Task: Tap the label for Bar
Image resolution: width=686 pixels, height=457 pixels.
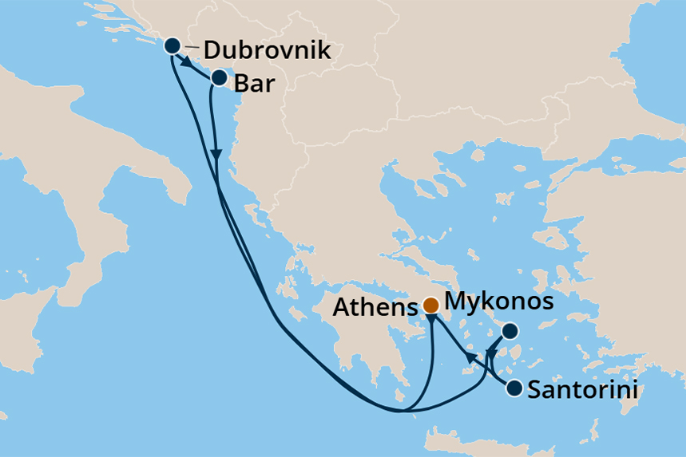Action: (x=255, y=84)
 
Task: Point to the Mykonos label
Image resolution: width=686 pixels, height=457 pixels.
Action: (x=498, y=302)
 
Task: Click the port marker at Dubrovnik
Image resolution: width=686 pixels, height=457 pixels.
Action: (x=172, y=45)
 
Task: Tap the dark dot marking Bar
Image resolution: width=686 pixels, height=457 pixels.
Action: (x=219, y=78)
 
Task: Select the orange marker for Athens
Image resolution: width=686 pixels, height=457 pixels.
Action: (x=430, y=305)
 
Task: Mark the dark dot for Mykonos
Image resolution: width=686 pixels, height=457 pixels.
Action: (x=510, y=330)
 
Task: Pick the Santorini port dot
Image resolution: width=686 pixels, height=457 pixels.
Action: (x=515, y=388)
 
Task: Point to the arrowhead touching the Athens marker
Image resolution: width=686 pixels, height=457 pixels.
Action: (x=431, y=320)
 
